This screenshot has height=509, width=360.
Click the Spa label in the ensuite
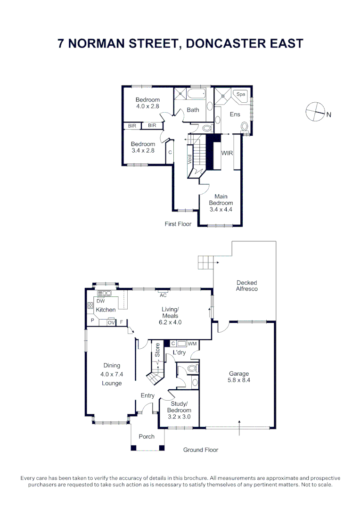pos(240,94)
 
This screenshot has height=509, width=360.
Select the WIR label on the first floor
pos(227,153)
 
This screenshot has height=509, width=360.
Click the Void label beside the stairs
pos(190,159)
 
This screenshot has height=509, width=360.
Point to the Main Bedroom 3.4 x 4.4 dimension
pos(221,209)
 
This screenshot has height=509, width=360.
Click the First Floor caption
pos(178,224)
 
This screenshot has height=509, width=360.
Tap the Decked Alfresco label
pos(247,286)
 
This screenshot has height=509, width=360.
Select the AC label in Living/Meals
pos(163,295)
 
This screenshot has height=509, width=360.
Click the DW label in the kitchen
pos(101,301)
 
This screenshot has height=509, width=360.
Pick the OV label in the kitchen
pos(111,322)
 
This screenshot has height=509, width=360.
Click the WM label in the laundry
pos(192,344)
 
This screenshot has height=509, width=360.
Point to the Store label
pos(157,350)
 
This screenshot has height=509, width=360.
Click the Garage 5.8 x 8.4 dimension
pos(239,380)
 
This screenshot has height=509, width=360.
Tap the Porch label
pos(147,436)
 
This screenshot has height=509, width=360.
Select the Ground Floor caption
pos(201,450)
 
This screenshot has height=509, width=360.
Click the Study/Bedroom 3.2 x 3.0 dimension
pos(179,417)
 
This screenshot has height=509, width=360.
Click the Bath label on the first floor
pos(193,110)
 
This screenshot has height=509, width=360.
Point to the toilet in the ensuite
pos(245,127)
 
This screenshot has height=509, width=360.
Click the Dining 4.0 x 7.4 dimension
pos(112,374)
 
